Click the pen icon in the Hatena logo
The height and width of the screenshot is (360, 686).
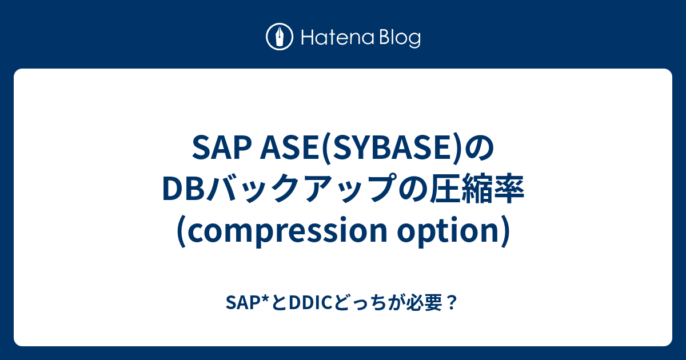280,38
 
